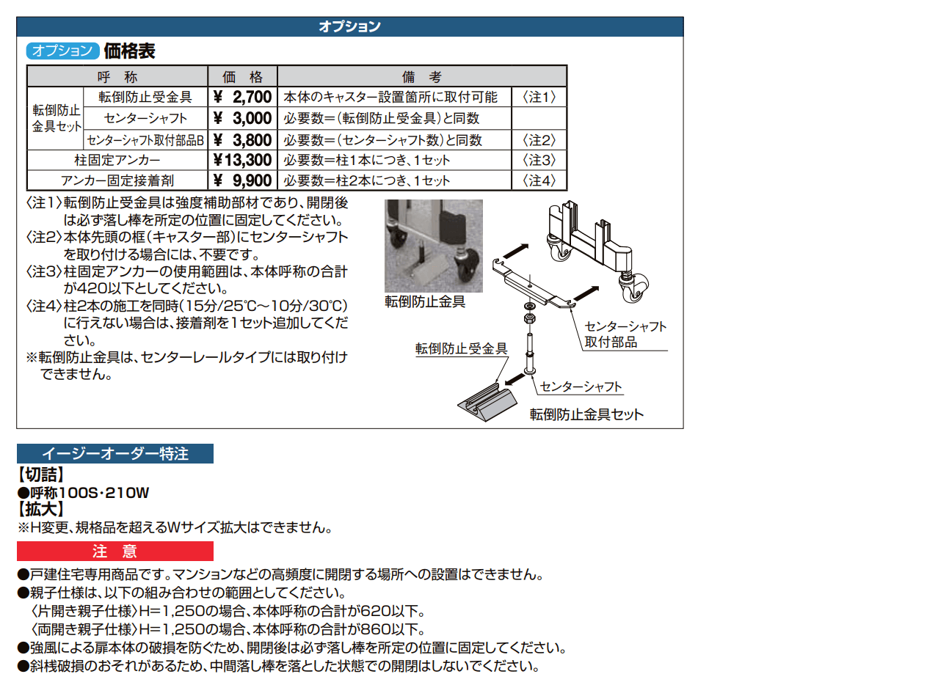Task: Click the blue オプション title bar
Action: (349, 27)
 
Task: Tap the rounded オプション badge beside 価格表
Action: (62, 51)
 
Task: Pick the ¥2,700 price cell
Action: (241, 97)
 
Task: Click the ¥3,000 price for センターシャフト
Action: (241, 118)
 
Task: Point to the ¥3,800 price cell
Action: (241, 139)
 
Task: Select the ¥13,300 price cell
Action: (241, 160)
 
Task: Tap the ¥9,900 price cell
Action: (241, 180)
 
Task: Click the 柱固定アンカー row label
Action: (116, 160)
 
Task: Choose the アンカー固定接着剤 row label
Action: (116, 180)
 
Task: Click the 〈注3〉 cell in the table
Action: (539, 160)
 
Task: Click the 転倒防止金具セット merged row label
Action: (55, 118)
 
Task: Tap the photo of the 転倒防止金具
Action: (433, 246)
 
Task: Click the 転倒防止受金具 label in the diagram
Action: (461, 349)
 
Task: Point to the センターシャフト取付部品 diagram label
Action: (625, 334)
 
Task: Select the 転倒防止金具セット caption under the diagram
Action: (586, 414)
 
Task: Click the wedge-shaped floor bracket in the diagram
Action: (486, 403)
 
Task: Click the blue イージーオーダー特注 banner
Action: (115, 454)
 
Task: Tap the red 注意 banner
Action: (115, 551)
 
